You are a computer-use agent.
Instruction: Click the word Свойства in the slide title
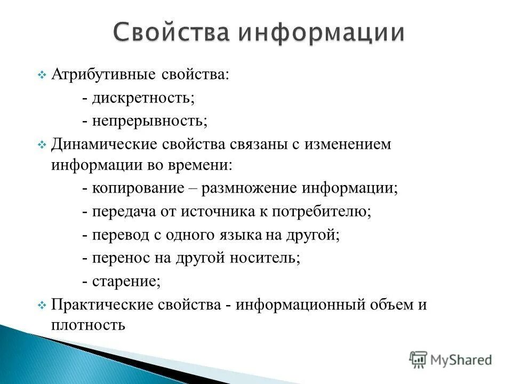171,33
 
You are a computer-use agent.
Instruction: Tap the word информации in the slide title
321,33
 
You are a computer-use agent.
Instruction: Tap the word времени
200,164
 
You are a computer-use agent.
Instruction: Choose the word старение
125,282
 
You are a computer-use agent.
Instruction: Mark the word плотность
89,324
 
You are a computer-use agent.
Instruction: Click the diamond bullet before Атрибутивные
43,75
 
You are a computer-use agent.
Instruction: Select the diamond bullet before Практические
43,306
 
